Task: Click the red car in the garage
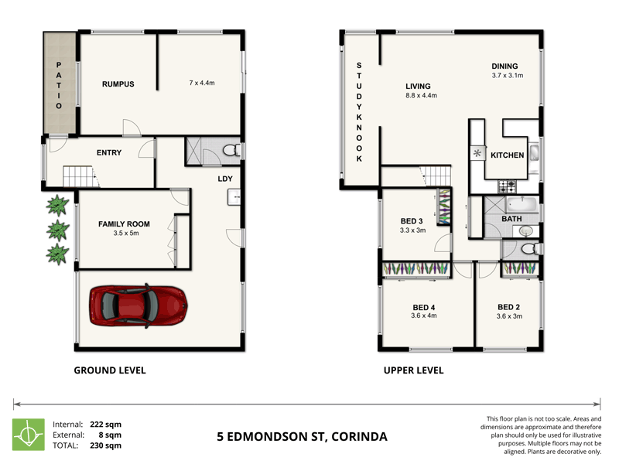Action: (139, 305)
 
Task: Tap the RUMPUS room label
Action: (118, 84)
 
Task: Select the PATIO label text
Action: (59, 85)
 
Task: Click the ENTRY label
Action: (109, 152)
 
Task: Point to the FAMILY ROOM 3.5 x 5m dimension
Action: (126, 234)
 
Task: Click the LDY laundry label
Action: (225, 179)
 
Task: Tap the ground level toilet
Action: (231, 150)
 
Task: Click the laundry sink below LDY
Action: (234, 197)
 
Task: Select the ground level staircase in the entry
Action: (79, 176)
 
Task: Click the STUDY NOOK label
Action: (359, 112)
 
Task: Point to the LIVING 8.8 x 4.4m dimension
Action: (421, 95)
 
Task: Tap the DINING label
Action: (504, 67)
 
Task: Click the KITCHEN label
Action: (508, 155)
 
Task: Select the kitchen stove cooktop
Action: (507, 186)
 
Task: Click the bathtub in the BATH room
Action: (522, 205)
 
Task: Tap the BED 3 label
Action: (412, 221)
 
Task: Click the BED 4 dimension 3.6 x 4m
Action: (423, 316)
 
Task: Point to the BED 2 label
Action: (508, 307)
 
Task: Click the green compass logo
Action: (29, 435)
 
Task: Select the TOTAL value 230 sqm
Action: (105, 445)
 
